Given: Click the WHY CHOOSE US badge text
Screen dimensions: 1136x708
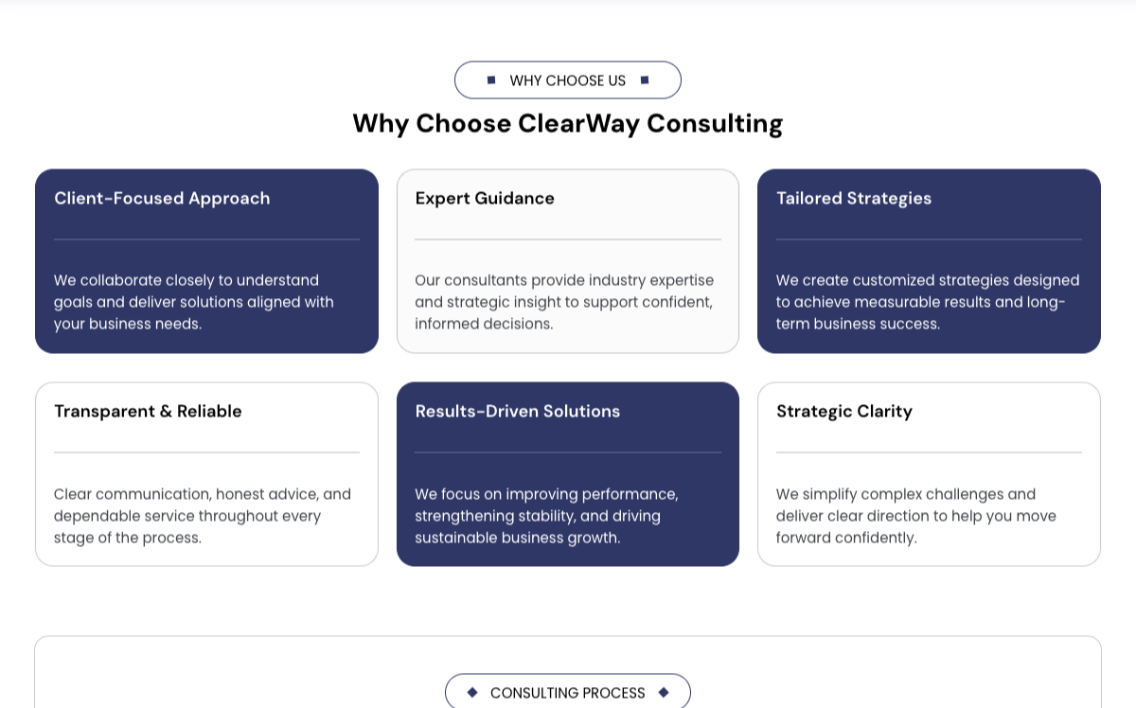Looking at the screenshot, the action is point(567,80).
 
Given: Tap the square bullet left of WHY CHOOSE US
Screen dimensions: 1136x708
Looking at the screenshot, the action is point(491,80).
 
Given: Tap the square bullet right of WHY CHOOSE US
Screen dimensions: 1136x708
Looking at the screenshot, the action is point(645,80).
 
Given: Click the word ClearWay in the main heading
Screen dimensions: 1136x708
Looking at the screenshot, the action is point(578,124).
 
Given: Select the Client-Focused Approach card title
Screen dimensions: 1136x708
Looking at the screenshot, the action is point(162,199).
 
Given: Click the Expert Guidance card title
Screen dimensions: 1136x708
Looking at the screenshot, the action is point(485,199).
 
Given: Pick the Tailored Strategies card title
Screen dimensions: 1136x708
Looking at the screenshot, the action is point(854,199).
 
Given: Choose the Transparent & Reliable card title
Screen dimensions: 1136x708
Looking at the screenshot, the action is point(148,412).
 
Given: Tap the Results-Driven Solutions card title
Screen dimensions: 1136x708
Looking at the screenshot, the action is point(517,412).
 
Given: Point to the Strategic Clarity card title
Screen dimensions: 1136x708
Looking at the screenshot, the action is point(843,412).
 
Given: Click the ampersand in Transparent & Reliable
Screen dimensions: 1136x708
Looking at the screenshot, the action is point(166,412).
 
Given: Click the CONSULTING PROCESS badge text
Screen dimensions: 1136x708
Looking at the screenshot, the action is point(567,693).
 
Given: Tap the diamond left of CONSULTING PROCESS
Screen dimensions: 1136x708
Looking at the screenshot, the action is point(472,692).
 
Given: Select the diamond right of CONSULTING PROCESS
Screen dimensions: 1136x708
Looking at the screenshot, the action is point(664,692).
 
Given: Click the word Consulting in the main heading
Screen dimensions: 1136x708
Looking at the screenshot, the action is point(715,124).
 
